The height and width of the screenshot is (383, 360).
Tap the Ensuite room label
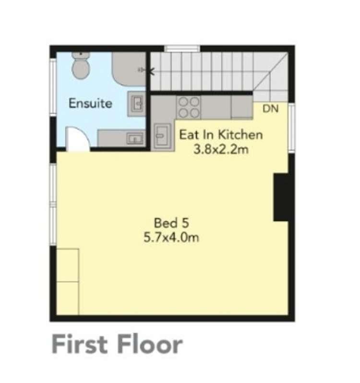click(90, 103)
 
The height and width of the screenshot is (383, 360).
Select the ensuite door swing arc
click(77, 139)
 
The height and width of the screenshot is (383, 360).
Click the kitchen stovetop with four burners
click(189, 107)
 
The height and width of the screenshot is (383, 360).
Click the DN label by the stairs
click(270, 109)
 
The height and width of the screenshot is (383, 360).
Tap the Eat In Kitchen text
click(221, 134)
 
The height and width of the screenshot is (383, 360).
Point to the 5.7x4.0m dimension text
click(171, 237)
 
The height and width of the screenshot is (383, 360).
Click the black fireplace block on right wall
click(280, 197)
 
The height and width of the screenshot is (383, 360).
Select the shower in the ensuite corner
click(129, 69)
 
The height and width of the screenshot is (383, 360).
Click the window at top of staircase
click(182, 48)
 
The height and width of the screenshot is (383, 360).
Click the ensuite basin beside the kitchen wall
click(136, 103)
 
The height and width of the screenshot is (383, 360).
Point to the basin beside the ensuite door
click(122, 139)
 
